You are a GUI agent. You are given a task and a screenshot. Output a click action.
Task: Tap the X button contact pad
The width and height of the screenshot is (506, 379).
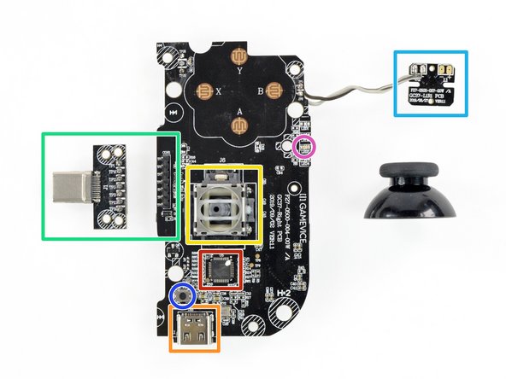205,90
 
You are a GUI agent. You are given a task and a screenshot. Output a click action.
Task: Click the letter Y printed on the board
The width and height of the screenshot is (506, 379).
238,73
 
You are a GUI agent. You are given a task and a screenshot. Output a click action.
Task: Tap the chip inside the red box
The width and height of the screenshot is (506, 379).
223,270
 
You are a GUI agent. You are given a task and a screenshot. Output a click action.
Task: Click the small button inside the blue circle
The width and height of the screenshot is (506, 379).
181,296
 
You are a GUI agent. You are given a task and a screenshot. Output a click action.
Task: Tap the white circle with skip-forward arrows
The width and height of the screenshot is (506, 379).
174,112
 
